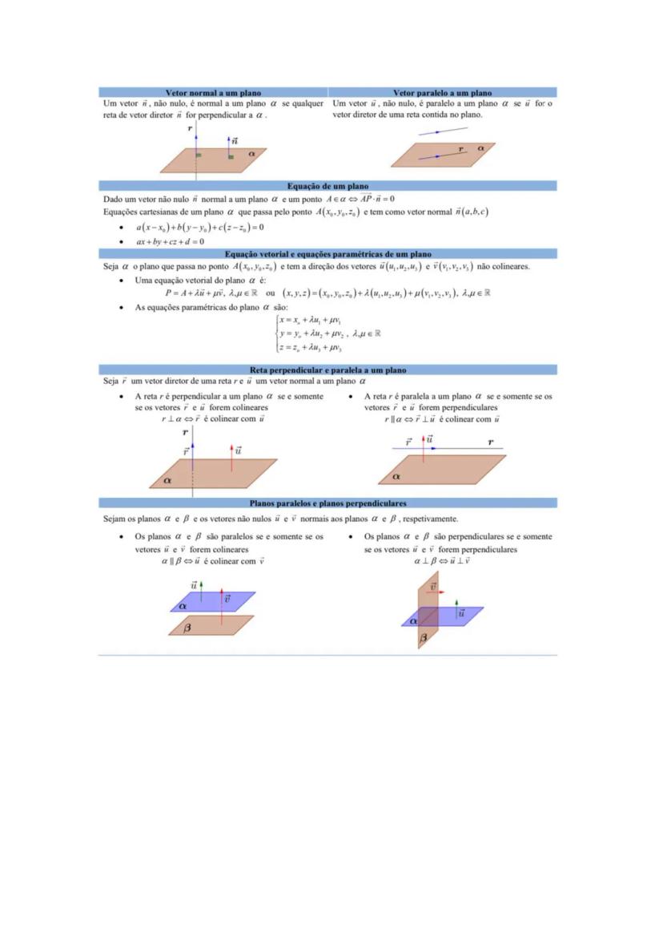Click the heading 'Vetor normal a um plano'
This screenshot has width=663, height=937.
tap(213, 93)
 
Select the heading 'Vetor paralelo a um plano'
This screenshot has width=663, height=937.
tap(442, 93)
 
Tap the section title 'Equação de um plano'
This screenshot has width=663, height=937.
tap(327, 186)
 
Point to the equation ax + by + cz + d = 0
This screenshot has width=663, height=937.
tap(170, 241)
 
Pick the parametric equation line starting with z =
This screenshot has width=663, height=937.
tap(311, 348)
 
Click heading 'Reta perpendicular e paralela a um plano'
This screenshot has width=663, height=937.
tap(327, 370)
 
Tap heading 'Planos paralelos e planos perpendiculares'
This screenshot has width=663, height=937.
tap(327, 503)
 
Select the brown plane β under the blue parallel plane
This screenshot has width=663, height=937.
tap(213, 626)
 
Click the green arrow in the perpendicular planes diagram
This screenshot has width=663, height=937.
tap(456, 604)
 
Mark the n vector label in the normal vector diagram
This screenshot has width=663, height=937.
tap(235, 141)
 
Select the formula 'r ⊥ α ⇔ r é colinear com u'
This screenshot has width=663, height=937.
tap(213, 418)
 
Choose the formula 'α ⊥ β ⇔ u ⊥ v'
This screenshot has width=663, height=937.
tap(442, 561)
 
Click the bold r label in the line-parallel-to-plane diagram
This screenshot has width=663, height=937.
tap(490, 442)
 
